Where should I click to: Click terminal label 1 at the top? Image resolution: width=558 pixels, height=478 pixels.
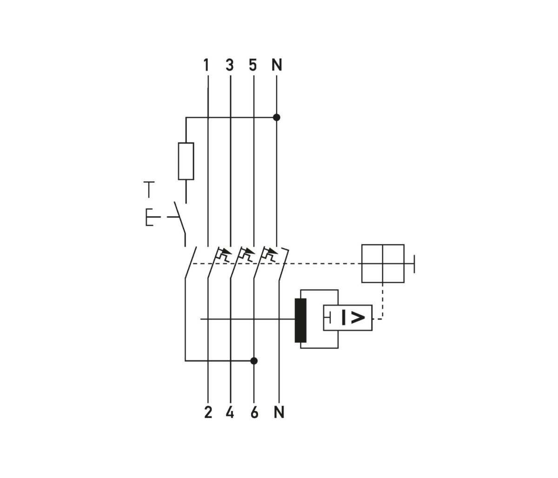pos(206,65)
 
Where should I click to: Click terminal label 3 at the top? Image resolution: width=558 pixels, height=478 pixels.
pos(230,65)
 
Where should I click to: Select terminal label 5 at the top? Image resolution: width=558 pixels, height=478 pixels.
pos(253,65)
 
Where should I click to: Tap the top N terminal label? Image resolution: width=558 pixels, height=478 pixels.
pos(277,65)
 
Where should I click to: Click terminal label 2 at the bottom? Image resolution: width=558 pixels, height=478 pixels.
pos(208,412)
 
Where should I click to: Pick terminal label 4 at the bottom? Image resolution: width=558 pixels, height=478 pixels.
pos(230,412)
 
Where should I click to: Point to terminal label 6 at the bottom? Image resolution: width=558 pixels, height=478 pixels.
pos(254,412)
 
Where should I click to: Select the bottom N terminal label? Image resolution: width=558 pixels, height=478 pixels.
pos(279,412)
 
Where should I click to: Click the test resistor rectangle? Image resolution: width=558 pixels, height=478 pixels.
pos(186,161)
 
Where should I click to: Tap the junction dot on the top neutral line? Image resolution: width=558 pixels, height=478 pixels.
pos(277,118)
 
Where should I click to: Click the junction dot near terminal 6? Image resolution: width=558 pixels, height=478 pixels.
pos(254,360)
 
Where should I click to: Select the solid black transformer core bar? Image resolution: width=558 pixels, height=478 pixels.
pos(301,321)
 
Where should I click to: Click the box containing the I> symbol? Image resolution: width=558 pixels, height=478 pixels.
pos(348,318)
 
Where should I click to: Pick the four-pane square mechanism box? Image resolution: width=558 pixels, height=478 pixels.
pos(383,263)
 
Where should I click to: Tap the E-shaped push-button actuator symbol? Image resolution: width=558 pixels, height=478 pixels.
pos(150,217)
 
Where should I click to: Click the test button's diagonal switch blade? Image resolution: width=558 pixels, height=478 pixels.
pos(179,218)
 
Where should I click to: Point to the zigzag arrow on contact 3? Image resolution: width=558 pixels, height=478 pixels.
pos(223,254)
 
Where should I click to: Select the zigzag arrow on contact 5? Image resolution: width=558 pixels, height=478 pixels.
pos(246,254)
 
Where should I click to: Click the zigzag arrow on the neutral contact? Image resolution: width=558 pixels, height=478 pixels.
pos(270,254)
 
